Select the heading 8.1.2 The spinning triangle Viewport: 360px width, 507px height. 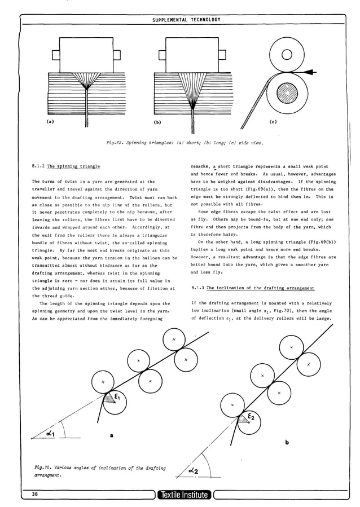[x=66, y=166]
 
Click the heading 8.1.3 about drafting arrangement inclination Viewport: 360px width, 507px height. [x=252, y=288]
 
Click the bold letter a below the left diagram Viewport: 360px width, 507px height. [x=111, y=435]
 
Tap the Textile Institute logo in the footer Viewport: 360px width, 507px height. [x=183, y=496]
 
